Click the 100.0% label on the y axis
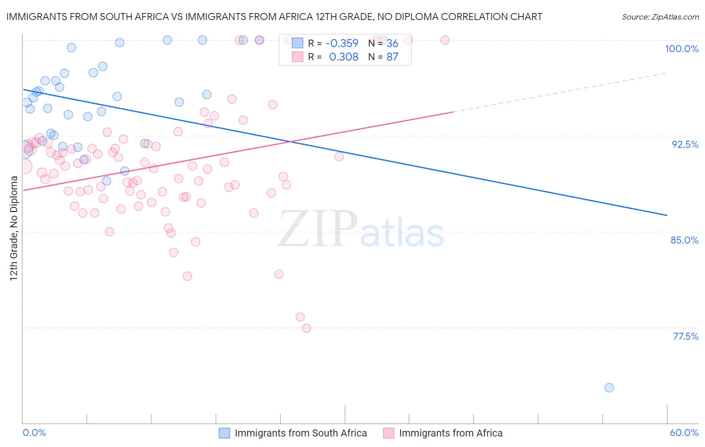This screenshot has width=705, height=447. pyautogui.click(x=681, y=49)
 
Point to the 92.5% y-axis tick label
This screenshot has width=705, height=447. pyautogui.click(x=685, y=144)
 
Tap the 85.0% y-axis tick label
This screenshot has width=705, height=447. pyautogui.click(x=684, y=240)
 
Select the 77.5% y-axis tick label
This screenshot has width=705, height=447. pyautogui.click(x=685, y=336)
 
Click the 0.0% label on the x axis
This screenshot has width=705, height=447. pyautogui.click(x=34, y=432)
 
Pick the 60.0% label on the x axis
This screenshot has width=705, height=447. pyautogui.click(x=684, y=432)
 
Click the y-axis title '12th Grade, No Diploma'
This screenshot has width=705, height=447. pyautogui.click(x=14, y=228)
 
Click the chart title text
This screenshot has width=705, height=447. pyautogui.click(x=274, y=17)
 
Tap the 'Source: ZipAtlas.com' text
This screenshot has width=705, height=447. pyautogui.click(x=660, y=17)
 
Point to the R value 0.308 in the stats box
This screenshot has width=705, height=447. pyautogui.click(x=343, y=57)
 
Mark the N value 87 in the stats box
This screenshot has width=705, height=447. pyautogui.click(x=392, y=57)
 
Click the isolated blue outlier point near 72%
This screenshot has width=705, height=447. pyautogui.click(x=609, y=387)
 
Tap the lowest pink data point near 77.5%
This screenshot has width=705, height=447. pyautogui.click(x=306, y=328)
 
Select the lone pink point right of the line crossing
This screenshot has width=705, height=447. pyautogui.click(x=339, y=156)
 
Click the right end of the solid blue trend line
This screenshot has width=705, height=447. pyautogui.click(x=666, y=215)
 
